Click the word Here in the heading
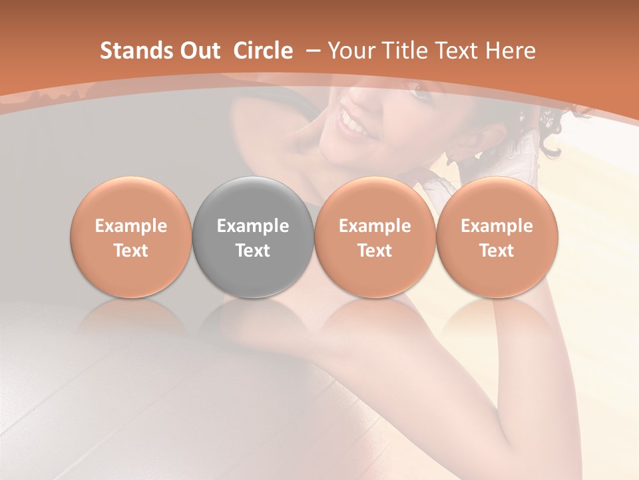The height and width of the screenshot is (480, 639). point(511,51)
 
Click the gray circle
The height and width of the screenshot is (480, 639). point(253,237)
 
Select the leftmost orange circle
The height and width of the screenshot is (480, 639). point(130,237)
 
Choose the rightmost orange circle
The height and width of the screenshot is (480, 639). point(497,237)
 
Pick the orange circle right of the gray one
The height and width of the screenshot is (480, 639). point(375,237)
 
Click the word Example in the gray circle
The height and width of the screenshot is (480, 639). point(253,226)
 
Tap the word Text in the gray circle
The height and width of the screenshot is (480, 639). point(253,251)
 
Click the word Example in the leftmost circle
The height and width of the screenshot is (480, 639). point(130,226)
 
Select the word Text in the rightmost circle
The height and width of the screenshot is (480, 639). point(497,251)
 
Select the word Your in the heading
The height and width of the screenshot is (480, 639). point(349,51)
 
